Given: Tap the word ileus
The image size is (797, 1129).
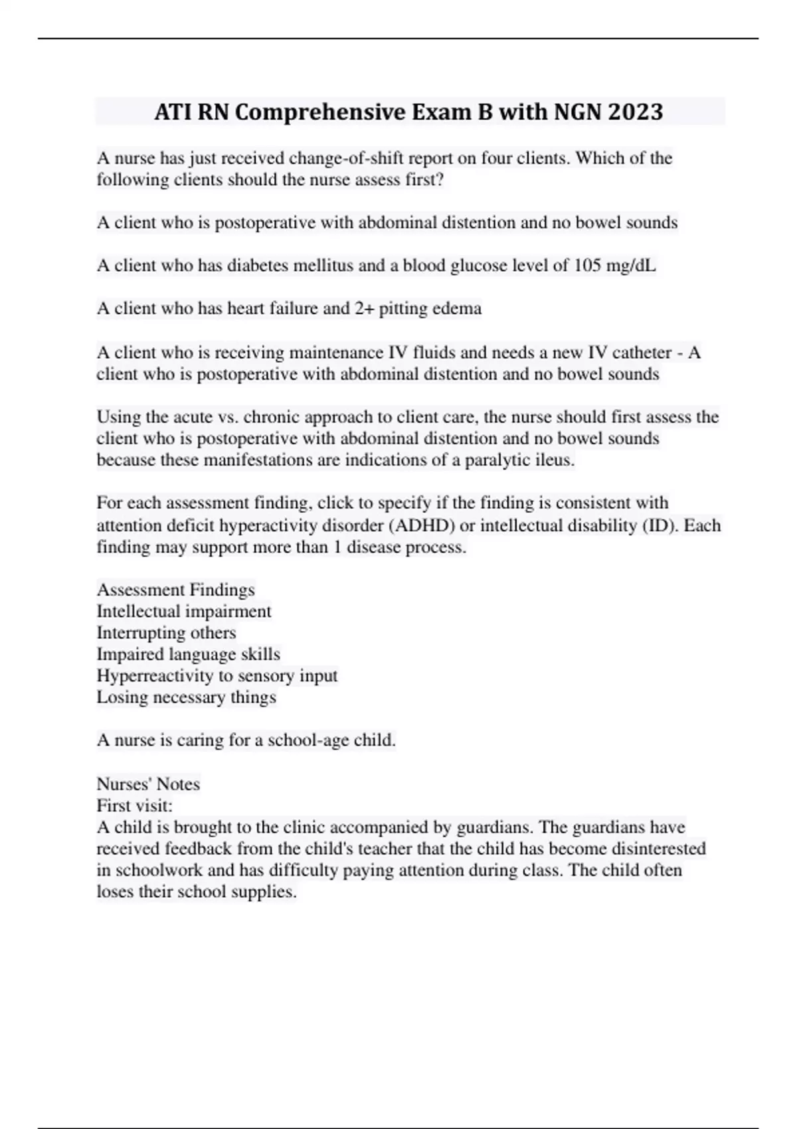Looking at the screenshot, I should pyautogui.click(x=554, y=460).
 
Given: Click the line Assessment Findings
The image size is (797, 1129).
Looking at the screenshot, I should pyautogui.click(x=176, y=590).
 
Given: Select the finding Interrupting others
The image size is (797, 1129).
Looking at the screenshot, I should pyautogui.click(x=166, y=633).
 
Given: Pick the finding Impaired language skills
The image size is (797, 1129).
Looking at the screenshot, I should pyautogui.click(x=188, y=654).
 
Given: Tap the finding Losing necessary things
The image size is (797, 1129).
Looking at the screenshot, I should pyautogui.click(x=186, y=697).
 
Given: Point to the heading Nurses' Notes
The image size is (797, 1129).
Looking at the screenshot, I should pyautogui.click(x=148, y=784).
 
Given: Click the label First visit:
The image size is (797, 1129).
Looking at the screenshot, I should pyautogui.click(x=134, y=806).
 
